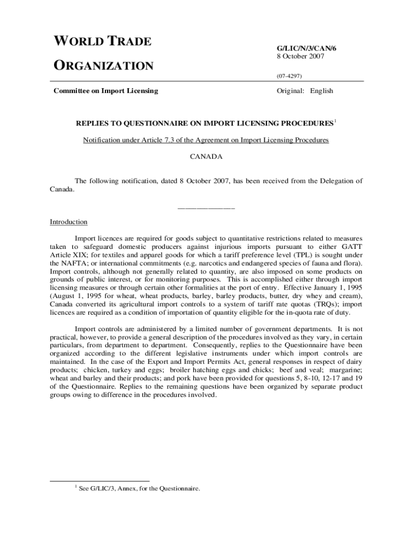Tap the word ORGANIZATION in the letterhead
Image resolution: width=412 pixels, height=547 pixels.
click(104, 66)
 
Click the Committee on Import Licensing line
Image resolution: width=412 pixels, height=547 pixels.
click(105, 91)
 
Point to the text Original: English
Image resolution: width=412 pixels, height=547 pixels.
click(304, 91)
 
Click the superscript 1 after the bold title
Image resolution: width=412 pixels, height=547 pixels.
click(335, 122)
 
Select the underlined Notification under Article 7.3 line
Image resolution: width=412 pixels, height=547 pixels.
click(205, 140)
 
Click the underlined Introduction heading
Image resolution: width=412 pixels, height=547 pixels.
click(68, 222)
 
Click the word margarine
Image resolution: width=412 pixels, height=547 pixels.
click(347, 369)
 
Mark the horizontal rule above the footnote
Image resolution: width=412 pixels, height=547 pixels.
click(99, 481)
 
